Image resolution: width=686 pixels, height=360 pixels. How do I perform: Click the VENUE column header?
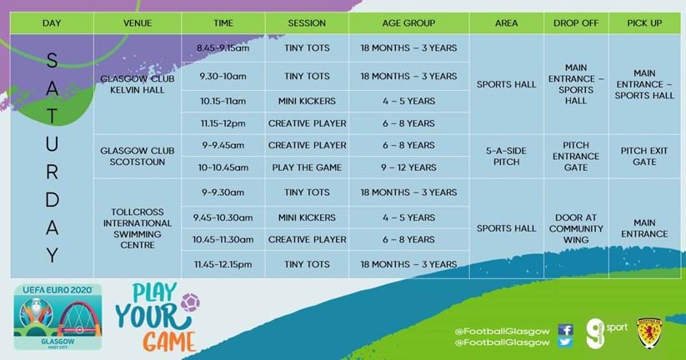pos(138,23)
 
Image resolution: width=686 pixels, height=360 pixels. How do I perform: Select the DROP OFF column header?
pos(576,23)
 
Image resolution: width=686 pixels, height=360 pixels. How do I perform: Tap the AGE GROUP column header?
pos(408,23)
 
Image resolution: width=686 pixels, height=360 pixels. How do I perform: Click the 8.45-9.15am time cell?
pos(223,48)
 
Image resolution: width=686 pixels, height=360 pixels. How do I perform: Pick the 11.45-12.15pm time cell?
pos(223,264)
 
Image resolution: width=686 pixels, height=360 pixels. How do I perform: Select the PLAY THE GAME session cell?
pos(307,167)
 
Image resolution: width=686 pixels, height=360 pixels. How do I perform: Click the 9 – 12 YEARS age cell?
pos(408,167)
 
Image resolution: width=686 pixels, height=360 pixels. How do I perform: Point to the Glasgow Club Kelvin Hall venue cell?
pos(138,84)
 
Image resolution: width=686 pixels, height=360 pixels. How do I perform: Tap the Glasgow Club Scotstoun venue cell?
pos(138,156)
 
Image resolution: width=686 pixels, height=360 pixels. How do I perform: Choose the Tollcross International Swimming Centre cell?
pos(138,228)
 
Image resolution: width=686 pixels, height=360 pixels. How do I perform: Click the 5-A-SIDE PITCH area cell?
pos(506,156)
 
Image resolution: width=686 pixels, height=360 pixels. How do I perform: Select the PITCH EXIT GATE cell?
pos(644,156)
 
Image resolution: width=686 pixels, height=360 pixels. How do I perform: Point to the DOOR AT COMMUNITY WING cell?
pos(576,228)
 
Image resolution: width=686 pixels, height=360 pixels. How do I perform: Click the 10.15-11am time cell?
pos(223,101)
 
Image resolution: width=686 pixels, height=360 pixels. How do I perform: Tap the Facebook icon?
pos(565,330)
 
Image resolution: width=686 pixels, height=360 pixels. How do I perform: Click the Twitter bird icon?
pos(565,342)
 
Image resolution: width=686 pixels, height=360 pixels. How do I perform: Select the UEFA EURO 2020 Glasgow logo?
pos(58,317)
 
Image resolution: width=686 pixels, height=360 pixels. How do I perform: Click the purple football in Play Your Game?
pos(190,302)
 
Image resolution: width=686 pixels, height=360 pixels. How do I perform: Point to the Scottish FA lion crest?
pos(648,332)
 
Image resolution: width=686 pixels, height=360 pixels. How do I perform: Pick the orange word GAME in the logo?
pos(170,342)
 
